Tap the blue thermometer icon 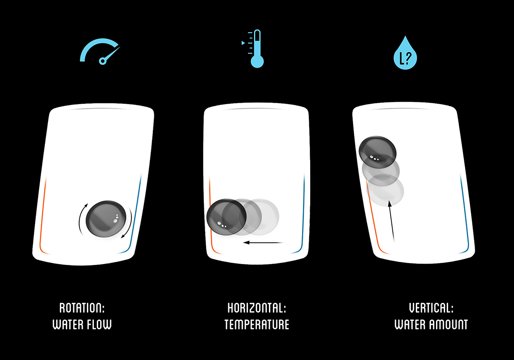256,49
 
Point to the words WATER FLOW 82,324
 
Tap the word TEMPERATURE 257,324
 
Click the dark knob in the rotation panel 106,218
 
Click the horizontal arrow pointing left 263,243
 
